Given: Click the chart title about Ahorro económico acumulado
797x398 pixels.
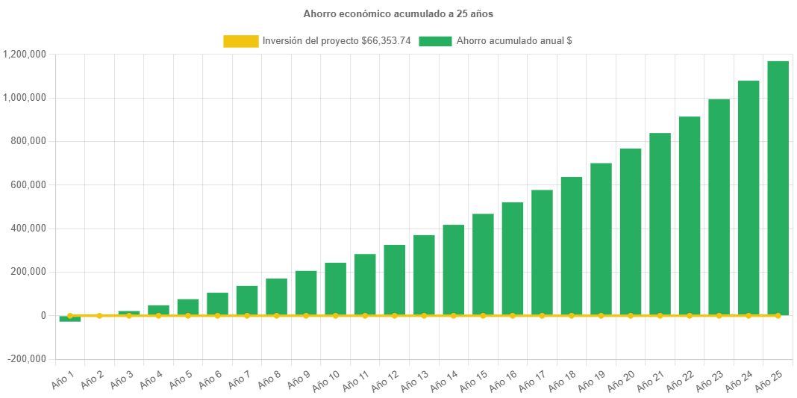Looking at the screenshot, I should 398,13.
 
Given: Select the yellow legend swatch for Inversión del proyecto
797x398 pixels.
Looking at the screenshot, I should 240,41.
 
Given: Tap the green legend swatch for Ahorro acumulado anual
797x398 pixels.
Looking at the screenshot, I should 435,41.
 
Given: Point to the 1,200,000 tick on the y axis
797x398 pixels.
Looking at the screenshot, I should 25,54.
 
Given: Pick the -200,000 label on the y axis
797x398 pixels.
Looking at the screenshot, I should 28,359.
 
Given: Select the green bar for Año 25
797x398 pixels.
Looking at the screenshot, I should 778,187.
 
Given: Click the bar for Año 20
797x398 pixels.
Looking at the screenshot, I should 630,231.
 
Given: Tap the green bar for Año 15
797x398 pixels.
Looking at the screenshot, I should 483,264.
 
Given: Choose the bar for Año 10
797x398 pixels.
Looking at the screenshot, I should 335,288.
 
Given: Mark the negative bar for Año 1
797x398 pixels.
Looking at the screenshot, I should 70,319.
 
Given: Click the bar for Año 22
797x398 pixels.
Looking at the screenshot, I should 689,216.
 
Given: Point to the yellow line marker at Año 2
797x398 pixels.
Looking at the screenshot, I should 99,316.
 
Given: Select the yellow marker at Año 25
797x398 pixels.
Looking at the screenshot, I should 778,316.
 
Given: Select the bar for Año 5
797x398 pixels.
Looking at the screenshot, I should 188,307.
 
